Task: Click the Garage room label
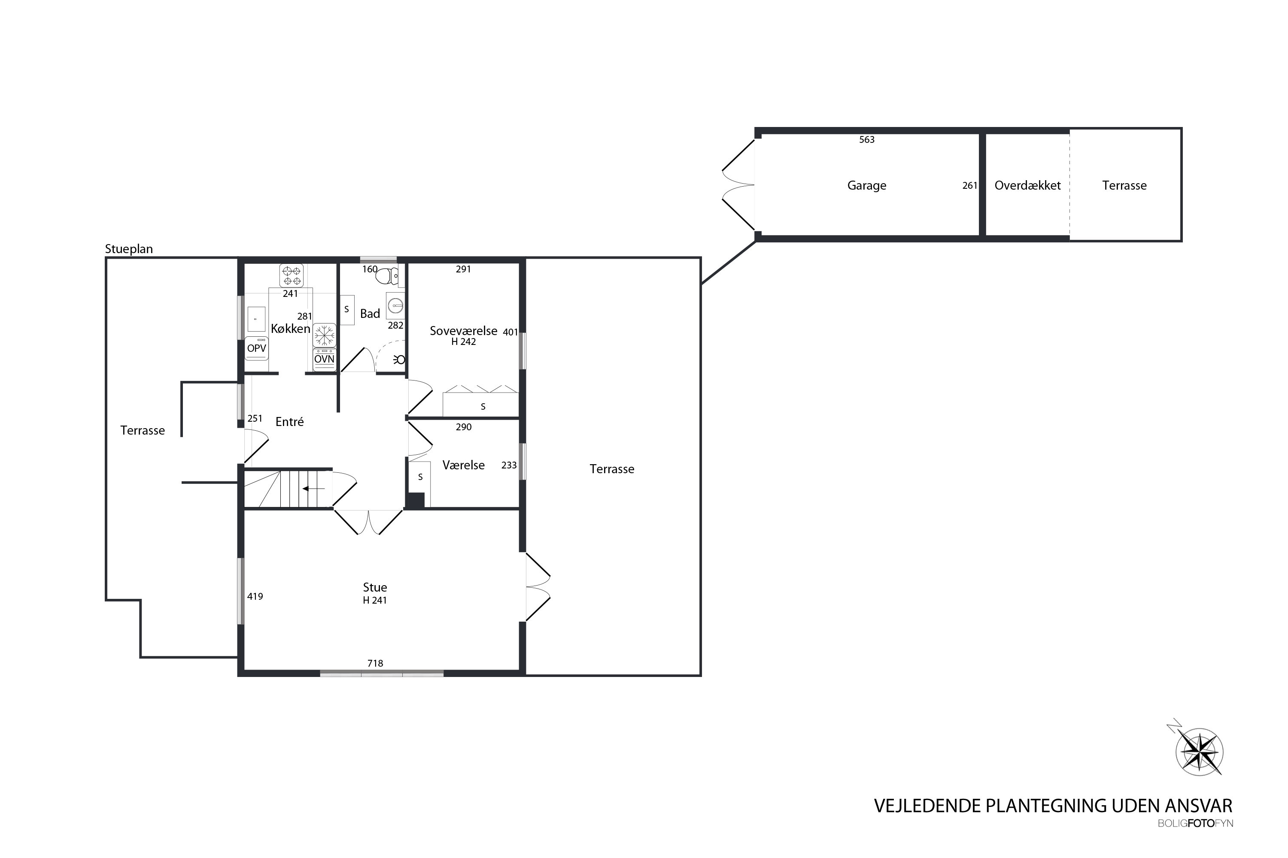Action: coord(866,185)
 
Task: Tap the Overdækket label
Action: coord(1027,185)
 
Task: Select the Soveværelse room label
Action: coord(463,330)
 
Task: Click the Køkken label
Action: coord(290,328)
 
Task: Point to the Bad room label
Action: coord(370,314)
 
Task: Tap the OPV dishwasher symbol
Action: coord(256,348)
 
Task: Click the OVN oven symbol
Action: coord(324,359)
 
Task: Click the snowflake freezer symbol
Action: coord(324,335)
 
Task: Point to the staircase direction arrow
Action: coord(314,489)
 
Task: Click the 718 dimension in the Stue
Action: coord(375,663)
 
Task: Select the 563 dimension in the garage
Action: coord(867,139)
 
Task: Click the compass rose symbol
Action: coord(1199,751)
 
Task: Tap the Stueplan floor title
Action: coord(129,249)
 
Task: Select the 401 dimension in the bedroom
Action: coord(510,332)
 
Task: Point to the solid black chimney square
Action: coord(416,501)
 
